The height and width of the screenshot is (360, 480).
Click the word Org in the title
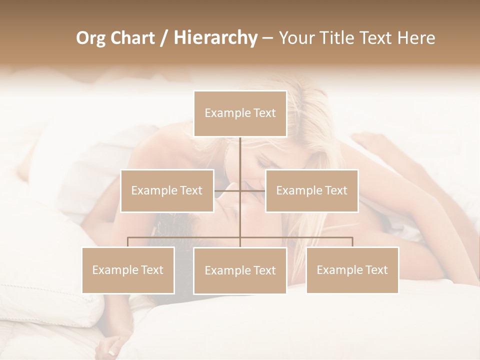point(90,38)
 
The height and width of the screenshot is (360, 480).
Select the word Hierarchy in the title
point(215,38)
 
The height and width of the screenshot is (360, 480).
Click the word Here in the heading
point(416,38)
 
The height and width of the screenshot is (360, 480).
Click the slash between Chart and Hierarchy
point(164,38)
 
